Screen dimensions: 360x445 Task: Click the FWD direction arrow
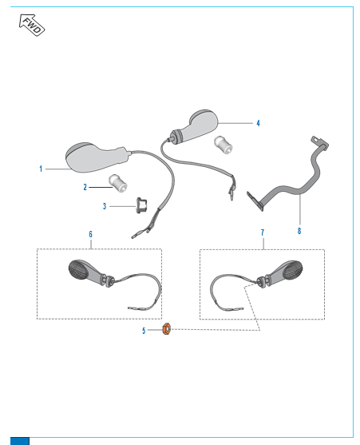click(x=32, y=26)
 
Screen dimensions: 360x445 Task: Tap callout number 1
click(x=41, y=169)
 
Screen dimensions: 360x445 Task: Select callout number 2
click(x=85, y=187)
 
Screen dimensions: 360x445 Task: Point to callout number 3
click(x=105, y=206)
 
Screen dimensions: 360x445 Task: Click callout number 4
click(x=258, y=123)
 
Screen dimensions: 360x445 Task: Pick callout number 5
click(x=144, y=331)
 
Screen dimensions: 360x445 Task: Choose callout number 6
click(x=90, y=234)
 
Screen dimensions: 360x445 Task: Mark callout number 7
click(x=263, y=232)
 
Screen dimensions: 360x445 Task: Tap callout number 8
click(x=299, y=231)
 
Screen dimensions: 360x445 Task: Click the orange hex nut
click(x=166, y=329)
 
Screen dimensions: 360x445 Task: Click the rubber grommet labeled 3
click(x=141, y=205)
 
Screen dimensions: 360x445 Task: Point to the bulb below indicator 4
click(x=224, y=145)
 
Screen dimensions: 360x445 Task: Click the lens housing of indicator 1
click(x=85, y=158)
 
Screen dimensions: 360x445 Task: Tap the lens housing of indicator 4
click(x=199, y=125)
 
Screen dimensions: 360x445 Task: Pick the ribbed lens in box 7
click(x=292, y=270)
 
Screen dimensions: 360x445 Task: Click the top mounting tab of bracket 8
click(x=320, y=142)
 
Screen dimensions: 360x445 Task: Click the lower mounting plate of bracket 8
click(x=255, y=201)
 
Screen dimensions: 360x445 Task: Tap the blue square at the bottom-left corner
click(x=20, y=441)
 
